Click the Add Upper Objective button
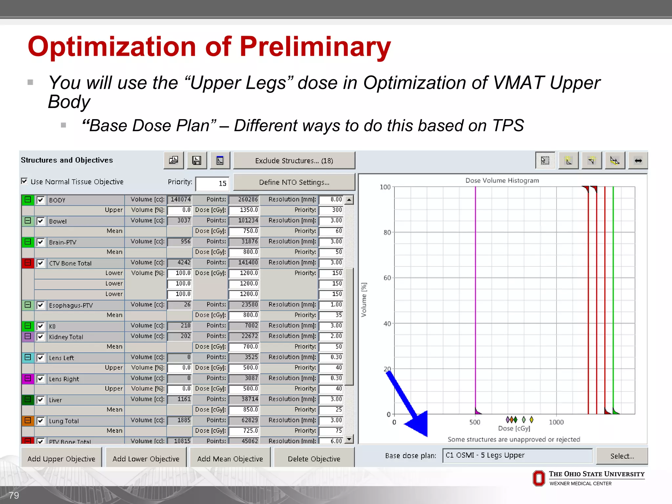tap(61, 458)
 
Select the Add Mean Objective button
tap(230, 458)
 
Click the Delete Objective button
tap(314, 458)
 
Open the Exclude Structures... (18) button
tap(294, 160)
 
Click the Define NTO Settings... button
tap(294, 182)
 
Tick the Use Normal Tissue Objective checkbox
tap(24, 181)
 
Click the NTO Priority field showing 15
tap(212, 183)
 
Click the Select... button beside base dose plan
tap(622, 456)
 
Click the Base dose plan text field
tap(517, 455)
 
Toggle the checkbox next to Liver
tap(40, 400)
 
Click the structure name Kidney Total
tap(66, 337)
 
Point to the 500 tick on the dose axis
tap(475, 422)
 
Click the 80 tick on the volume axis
tap(387, 232)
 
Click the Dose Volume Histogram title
tap(502, 180)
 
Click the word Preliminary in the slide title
tap(315, 46)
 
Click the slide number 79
tap(14, 495)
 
